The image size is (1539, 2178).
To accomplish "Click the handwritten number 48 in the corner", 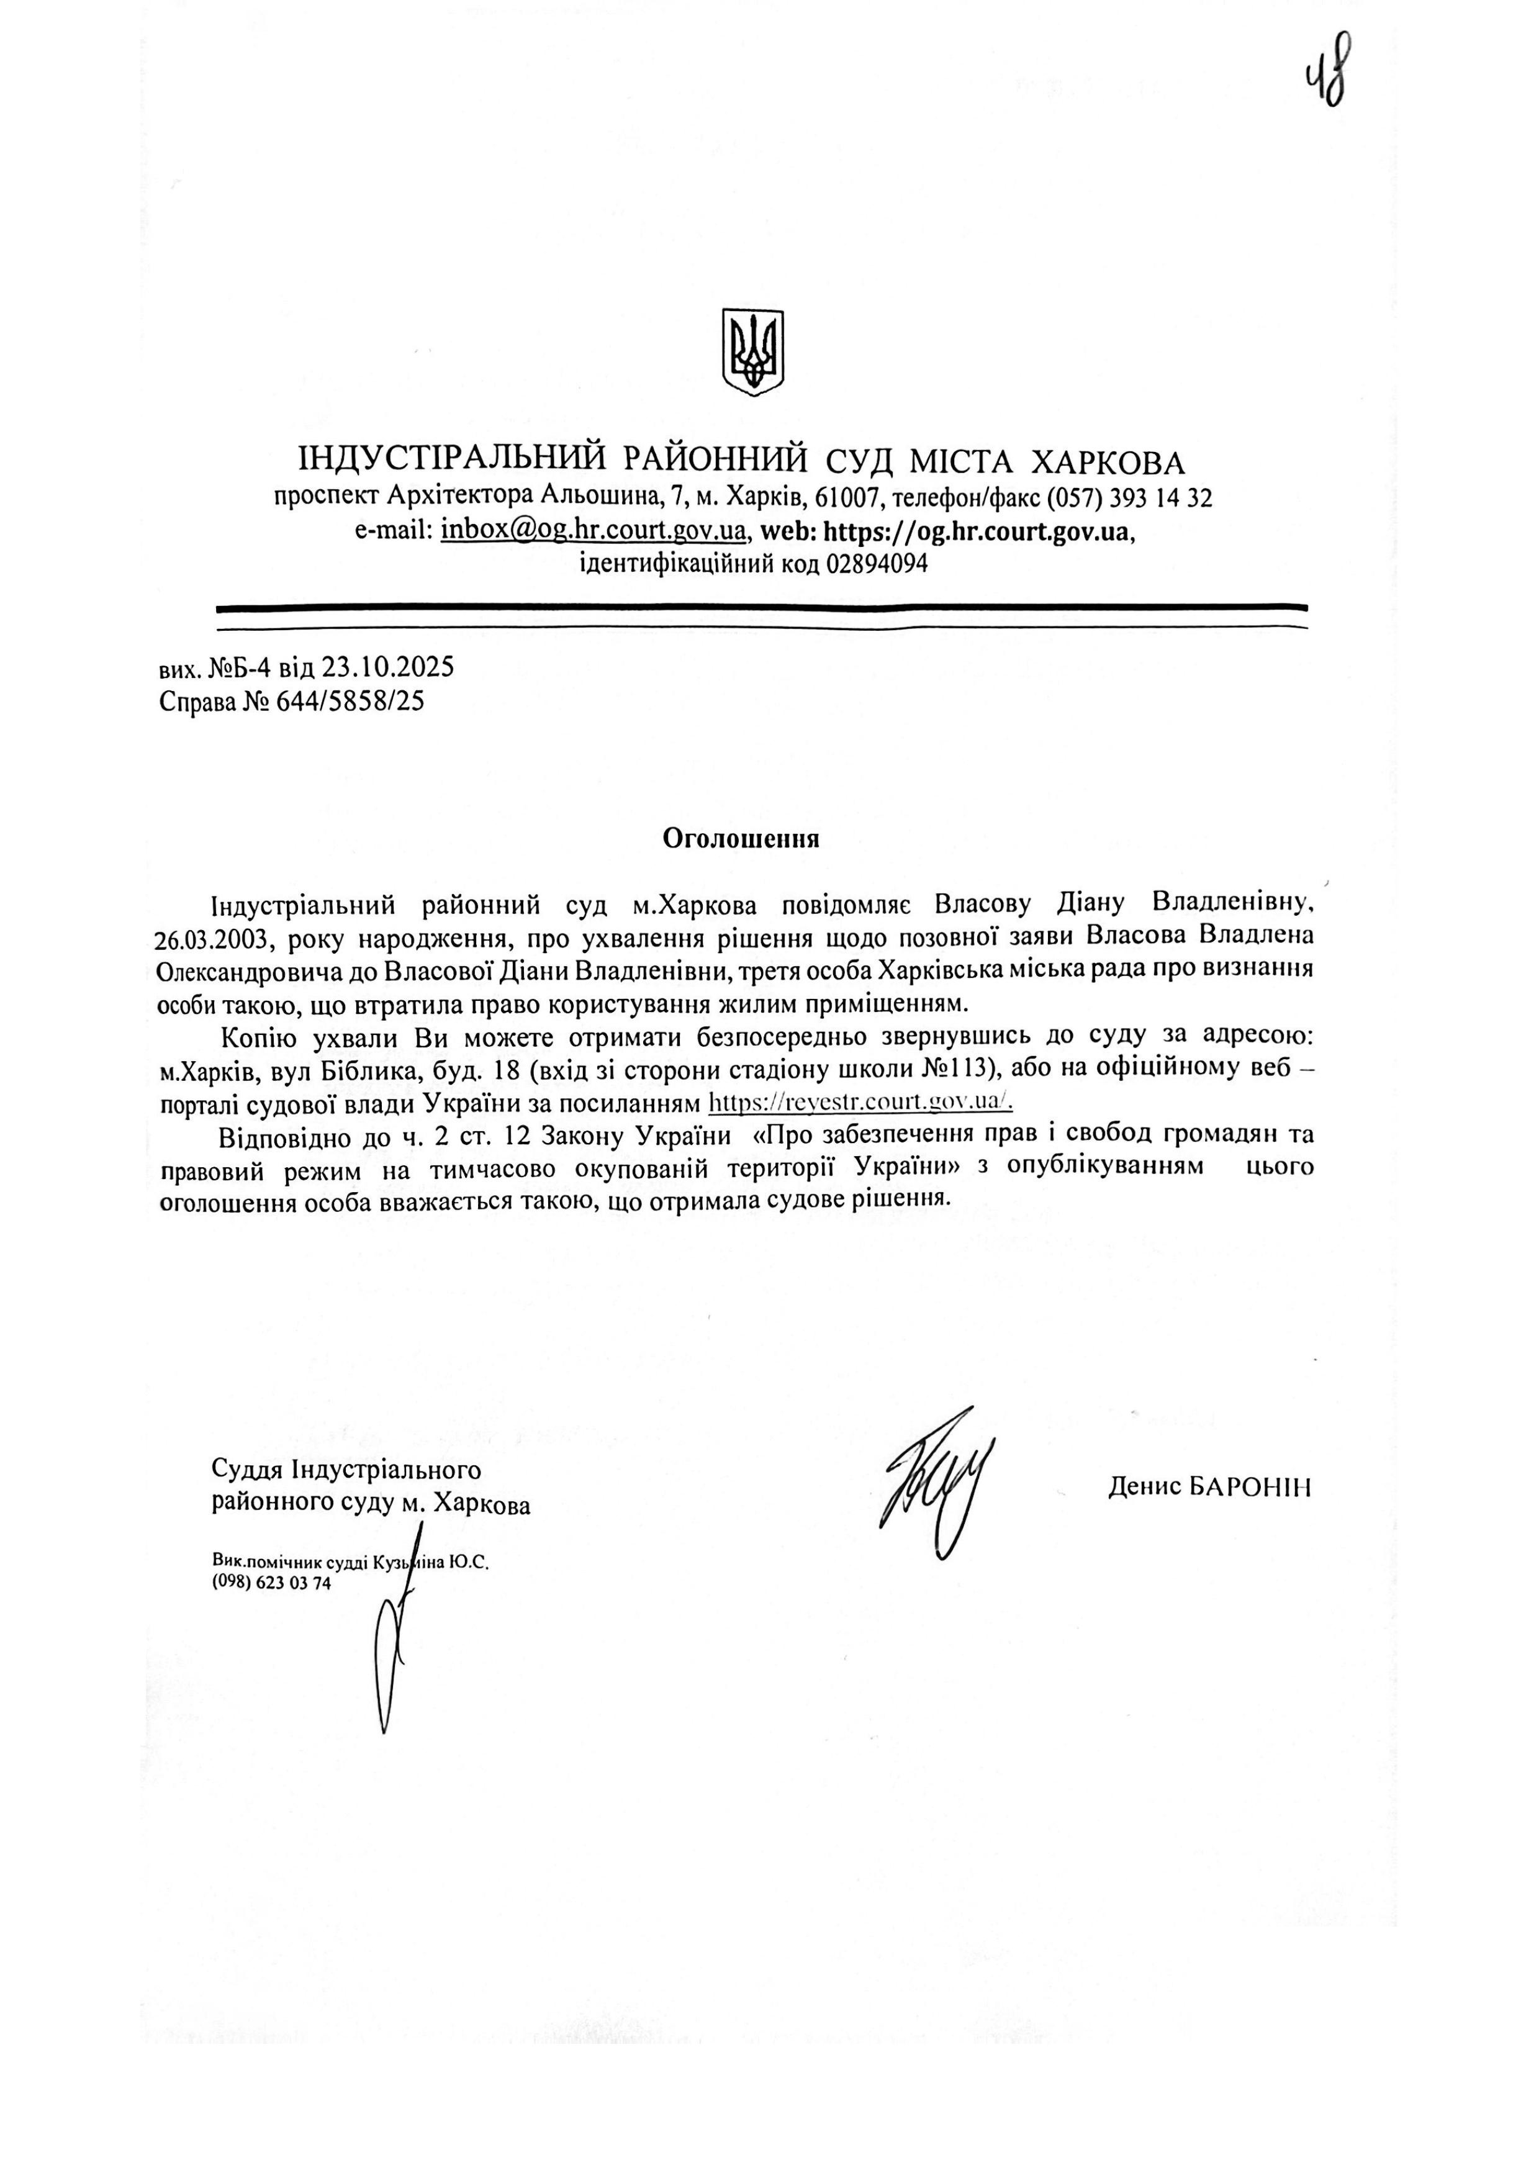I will (1327, 71).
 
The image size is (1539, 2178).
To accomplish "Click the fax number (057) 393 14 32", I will (1129, 498).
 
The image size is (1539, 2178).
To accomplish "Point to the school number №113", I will (964, 1069).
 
